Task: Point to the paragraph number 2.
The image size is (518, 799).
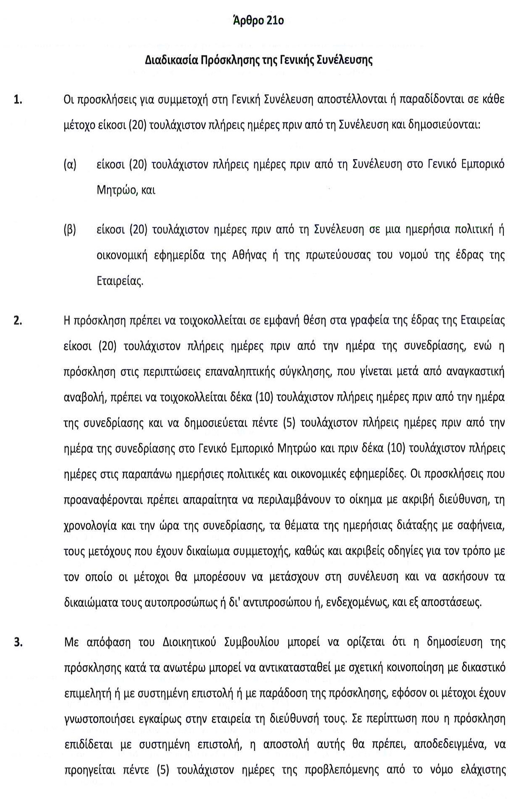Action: [18, 320]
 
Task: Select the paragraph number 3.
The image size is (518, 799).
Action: [18, 642]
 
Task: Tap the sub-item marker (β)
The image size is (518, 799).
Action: [70, 230]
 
